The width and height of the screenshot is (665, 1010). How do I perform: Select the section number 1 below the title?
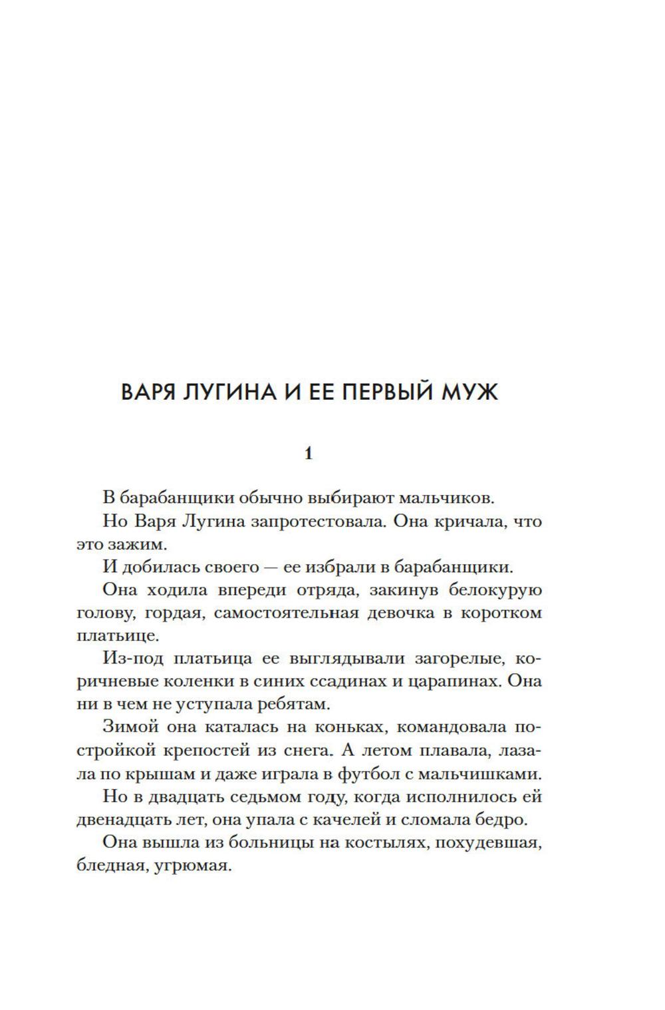click(308, 454)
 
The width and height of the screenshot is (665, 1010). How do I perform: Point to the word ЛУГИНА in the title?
click(223, 392)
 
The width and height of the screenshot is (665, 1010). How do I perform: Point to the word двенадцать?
click(120, 819)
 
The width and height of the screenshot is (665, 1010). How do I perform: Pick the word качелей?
click(374, 819)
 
